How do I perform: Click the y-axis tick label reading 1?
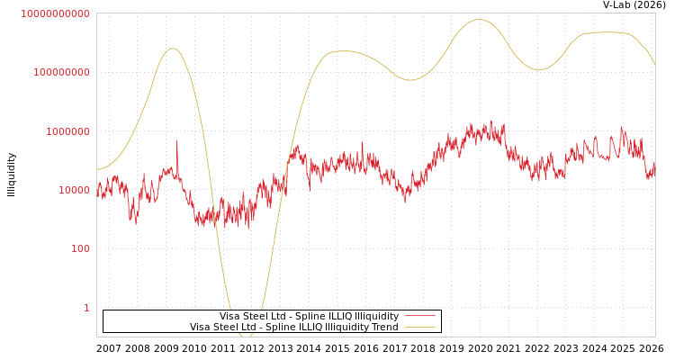click(86, 308)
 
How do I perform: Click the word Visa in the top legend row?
click(229, 317)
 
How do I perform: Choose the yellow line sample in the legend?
click(420, 328)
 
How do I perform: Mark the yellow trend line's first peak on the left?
click(172, 49)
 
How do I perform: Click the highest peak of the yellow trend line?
click(478, 20)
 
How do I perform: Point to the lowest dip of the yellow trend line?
click(247, 336)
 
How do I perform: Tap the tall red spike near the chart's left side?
click(176, 141)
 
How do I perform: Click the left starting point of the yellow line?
click(97, 169)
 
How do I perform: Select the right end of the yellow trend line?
click(654, 65)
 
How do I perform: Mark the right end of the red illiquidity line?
click(654, 166)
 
